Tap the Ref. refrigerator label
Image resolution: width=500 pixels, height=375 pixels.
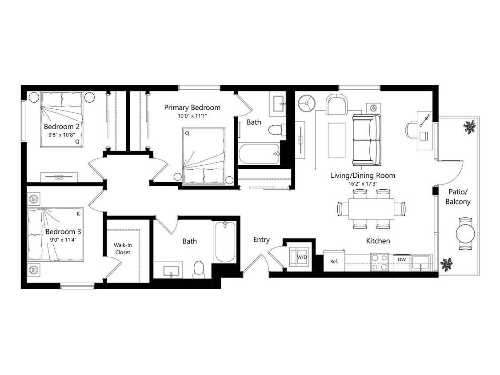(334, 262)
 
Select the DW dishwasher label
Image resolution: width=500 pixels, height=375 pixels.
(401, 259)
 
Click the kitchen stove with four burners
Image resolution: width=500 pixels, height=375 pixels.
(380, 262)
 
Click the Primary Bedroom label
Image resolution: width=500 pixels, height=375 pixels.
(192, 108)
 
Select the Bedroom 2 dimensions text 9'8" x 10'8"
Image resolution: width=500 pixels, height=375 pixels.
(61, 135)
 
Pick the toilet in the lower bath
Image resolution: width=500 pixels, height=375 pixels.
(198, 269)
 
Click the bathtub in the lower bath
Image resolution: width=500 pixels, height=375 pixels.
(225, 243)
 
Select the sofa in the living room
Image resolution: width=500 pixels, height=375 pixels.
(367, 139)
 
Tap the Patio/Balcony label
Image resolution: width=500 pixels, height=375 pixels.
(458, 196)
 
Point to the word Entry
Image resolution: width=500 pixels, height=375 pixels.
(261, 240)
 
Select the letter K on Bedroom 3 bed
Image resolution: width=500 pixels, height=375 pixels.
(78, 214)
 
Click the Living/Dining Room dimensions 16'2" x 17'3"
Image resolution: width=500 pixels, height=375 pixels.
(363, 184)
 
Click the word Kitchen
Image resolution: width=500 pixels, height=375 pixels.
(378, 241)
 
